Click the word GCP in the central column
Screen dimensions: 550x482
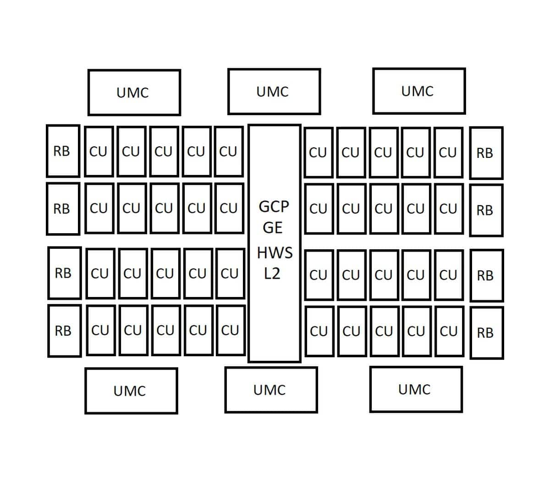[x=274, y=207]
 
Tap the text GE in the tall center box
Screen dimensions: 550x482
[x=273, y=228]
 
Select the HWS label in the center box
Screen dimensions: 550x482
[x=275, y=253]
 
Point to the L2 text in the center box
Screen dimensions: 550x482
[x=272, y=274]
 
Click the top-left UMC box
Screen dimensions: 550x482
[x=134, y=92]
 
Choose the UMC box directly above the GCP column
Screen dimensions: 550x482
[x=274, y=91]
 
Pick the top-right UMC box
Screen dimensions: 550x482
[x=419, y=91]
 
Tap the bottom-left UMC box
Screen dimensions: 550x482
[x=131, y=391]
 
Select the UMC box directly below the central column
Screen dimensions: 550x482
[x=271, y=390]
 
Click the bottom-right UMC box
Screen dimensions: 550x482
[x=416, y=389]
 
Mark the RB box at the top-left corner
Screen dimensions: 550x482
[x=63, y=151]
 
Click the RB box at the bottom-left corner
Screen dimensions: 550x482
[x=65, y=331]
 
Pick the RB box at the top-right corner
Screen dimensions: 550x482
[x=486, y=153]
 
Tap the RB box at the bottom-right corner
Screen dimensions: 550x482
[x=487, y=333]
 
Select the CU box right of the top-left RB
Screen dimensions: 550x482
[x=99, y=151]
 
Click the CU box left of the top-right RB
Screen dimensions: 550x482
[x=448, y=153]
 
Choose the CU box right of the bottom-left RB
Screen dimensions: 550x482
[x=101, y=331]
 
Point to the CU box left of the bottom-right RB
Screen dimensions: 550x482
[x=450, y=331]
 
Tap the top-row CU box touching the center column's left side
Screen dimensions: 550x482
[x=229, y=151]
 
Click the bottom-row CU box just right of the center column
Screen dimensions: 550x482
[x=319, y=331]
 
